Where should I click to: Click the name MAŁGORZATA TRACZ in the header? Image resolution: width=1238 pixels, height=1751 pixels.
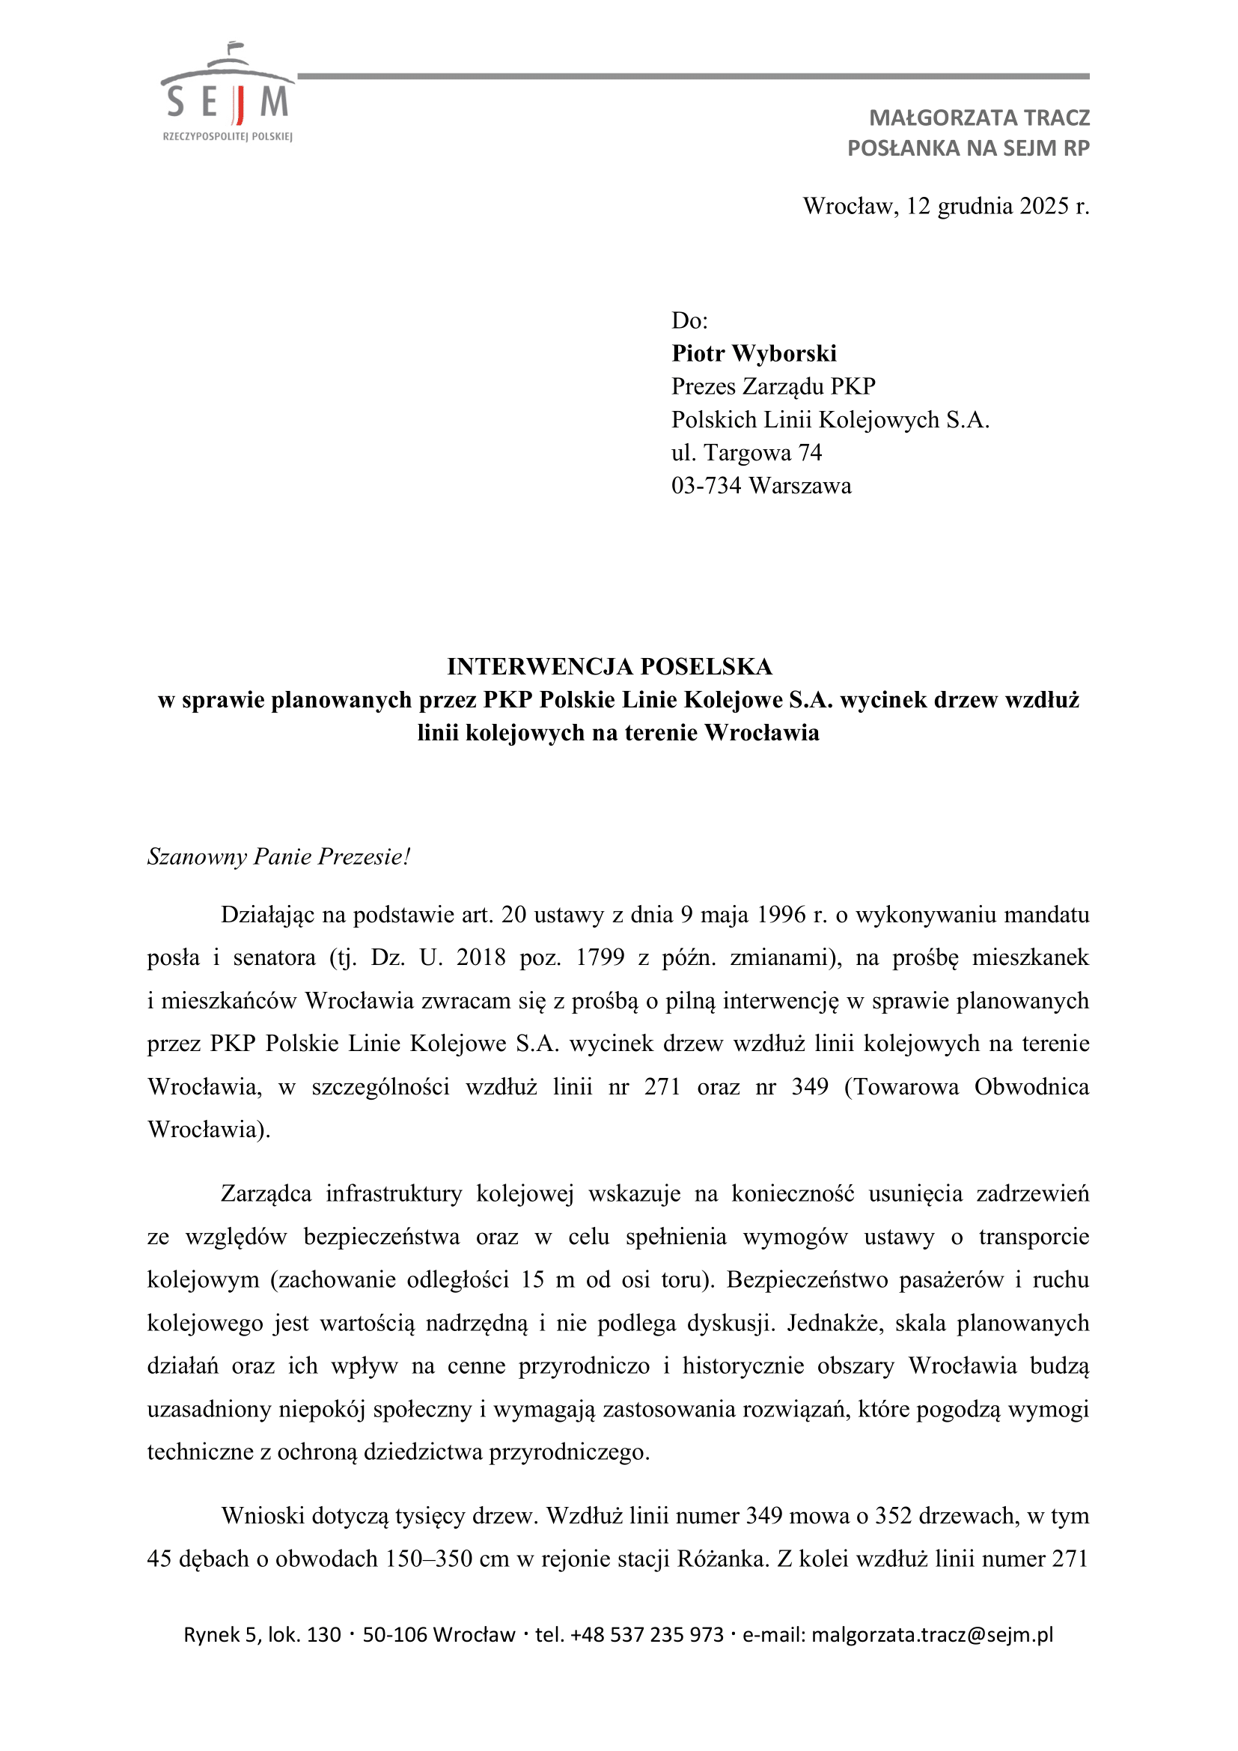[x=979, y=118]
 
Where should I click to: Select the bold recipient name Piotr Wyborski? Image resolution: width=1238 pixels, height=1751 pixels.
[x=753, y=353]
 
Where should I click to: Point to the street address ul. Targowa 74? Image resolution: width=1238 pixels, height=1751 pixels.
[x=746, y=452]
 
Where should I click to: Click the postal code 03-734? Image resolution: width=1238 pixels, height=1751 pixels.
[x=706, y=486]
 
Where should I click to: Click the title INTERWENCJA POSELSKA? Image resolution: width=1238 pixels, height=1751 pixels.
[x=609, y=666]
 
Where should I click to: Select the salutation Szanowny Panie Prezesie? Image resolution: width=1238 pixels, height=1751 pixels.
[x=278, y=856]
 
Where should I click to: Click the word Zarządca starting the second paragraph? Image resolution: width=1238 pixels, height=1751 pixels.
[x=266, y=1193]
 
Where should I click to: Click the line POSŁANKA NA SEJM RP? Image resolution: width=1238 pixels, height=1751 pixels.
[x=968, y=148]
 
